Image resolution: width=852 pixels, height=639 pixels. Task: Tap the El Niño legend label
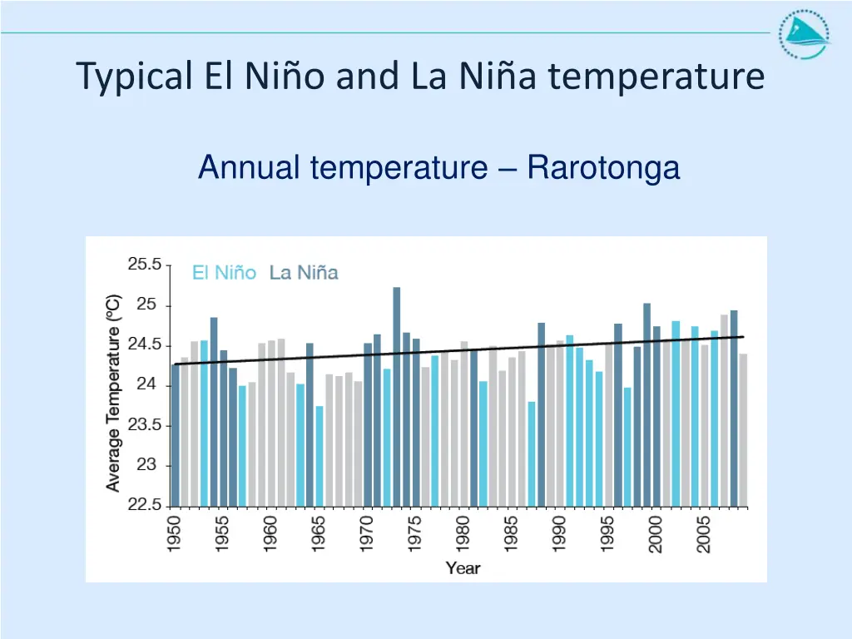coord(224,273)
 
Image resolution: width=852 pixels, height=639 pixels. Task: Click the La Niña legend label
coord(304,273)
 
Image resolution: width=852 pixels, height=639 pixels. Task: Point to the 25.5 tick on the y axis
coord(145,265)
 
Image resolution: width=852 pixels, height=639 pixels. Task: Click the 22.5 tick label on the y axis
coord(145,506)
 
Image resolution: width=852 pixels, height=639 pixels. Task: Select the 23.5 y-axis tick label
coord(145,425)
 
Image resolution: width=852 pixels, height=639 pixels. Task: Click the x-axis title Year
coord(463,569)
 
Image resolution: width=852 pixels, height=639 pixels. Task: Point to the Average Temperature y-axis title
coord(114,392)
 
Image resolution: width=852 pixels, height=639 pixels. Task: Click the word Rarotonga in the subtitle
coord(603,168)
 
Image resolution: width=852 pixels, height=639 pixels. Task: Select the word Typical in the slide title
coord(133,77)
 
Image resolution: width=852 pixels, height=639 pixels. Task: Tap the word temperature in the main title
coord(656,77)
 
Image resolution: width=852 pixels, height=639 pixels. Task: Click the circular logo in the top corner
coord(803,35)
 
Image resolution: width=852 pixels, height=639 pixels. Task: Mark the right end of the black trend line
coord(743,337)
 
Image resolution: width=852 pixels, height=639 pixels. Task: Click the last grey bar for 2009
coord(743,429)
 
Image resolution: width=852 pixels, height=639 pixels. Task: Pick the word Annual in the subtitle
coord(250,168)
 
